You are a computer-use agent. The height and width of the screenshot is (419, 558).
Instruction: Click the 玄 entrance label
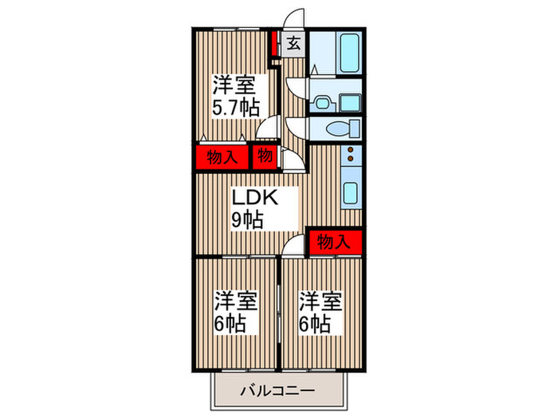click(293, 44)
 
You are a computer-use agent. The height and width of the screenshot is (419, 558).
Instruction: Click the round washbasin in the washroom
click(321, 101)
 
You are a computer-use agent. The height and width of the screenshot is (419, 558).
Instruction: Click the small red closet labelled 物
click(265, 156)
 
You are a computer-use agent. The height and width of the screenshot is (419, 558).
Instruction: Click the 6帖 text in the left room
click(230, 324)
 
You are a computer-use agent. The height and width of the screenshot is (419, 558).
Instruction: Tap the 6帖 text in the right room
click(315, 324)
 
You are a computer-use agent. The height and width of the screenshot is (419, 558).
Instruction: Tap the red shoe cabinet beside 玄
click(273, 44)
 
